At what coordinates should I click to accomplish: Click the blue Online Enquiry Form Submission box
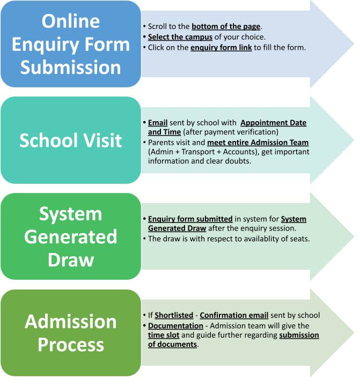[71, 44]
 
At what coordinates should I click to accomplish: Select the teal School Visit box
[71, 140]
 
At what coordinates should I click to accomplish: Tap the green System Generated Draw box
[71, 236]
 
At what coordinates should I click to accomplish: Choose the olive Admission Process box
[71, 332]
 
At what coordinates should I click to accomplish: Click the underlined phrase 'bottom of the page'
[225, 26]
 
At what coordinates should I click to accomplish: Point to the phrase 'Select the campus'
[180, 37]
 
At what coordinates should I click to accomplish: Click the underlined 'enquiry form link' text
[221, 48]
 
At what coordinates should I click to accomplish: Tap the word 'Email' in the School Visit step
[158, 123]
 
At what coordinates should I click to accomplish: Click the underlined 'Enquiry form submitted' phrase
[190, 219]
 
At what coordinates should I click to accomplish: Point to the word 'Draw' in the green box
[71, 259]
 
